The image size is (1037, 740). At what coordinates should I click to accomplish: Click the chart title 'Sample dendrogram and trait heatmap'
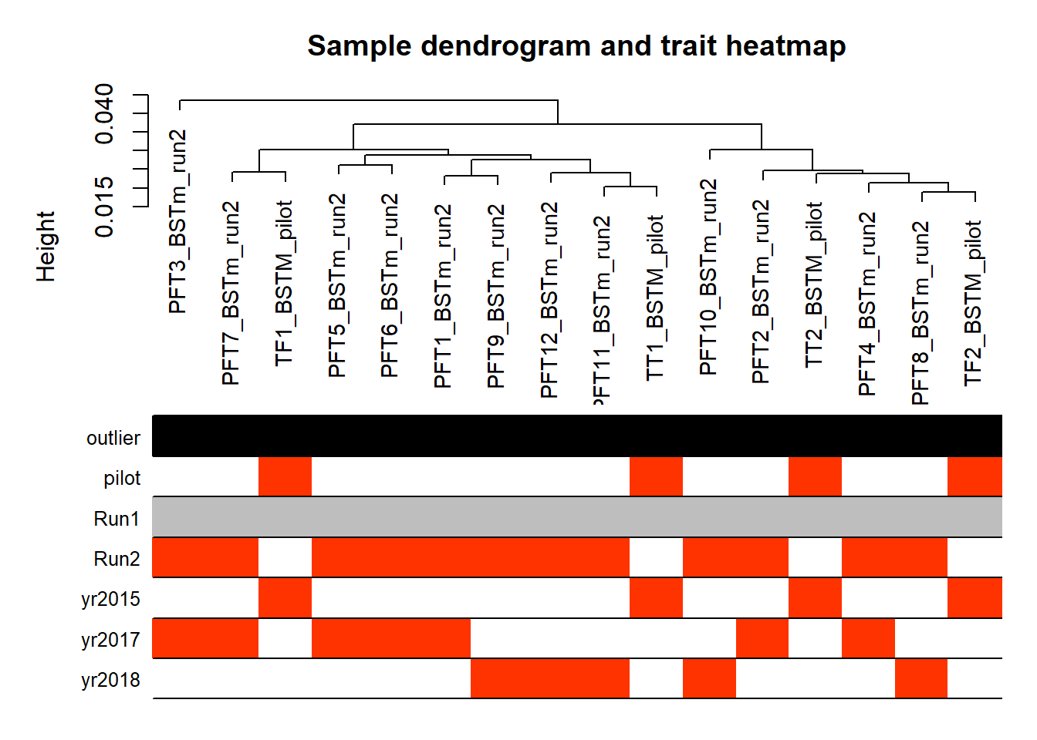pyautogui.click(x=576, y=46)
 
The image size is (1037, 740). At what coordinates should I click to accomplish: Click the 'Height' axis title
pyautogui.click(x=46, y=247)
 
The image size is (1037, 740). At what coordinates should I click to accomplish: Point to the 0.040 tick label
pyautogui.click(x=104, y=114)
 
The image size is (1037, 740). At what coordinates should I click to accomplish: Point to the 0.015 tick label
pyautogui.click(x=104, y=207)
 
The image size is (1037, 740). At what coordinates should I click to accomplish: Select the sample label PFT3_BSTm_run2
pyautogui.click(x=177, y=221)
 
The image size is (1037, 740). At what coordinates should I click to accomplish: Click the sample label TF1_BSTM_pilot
pyautogui.click(x=284, y=283)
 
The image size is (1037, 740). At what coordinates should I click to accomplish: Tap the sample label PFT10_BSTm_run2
pyautogui.click(x=709, y=277)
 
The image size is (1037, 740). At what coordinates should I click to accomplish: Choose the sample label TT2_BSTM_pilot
pyautogui.click(x=814, y=284)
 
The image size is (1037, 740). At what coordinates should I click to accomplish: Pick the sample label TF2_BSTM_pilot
pyautogui.click(x=974, y=304)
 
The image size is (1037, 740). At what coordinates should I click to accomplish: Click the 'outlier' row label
pyautogui.click(x=113, y=438)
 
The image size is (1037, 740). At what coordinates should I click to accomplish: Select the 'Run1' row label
pyautogui.click(x=117, y=519)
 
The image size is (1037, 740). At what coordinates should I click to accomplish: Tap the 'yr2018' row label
pyautogui.click(x=110, y=680)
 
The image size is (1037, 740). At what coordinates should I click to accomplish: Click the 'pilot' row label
pyautogui.click(x=122, y=478)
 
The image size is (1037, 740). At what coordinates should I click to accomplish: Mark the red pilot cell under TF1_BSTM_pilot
pyautogui.click(x=285, y=476)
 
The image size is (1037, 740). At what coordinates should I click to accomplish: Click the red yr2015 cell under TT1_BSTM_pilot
pyautogui.click(x=656, y=597)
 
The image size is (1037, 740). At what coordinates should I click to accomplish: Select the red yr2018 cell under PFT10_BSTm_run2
pyautogui.click(x=709, y=678)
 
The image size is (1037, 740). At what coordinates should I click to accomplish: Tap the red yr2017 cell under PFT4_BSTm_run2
pyautogui.click(x=869, y=637)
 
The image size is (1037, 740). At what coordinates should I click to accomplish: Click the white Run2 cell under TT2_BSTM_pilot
pyautogui.click(x=816, y=557)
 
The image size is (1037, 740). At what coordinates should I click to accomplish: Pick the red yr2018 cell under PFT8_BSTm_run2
pyautogui.click(x=921, y=678)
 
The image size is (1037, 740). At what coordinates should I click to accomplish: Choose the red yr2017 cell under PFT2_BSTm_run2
pyautogui.click(x=762, y=637)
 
